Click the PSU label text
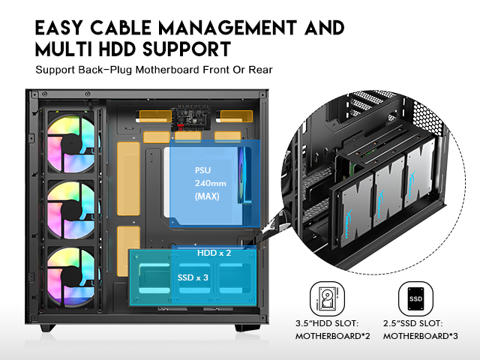(203, 169)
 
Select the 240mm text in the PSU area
(210, 183)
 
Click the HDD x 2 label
(214, 253)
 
